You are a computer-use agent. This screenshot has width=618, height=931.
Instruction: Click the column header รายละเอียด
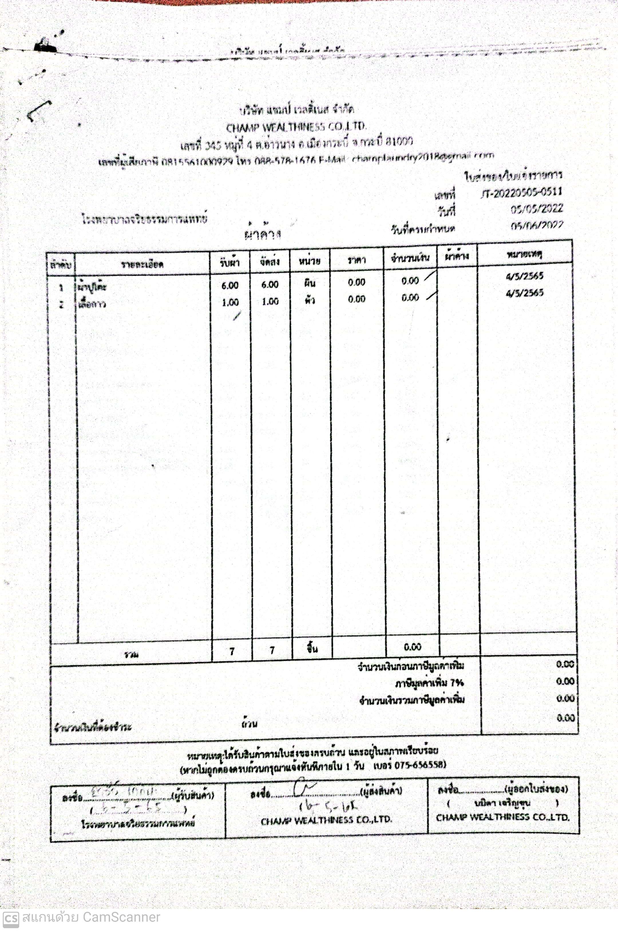click(142, 264)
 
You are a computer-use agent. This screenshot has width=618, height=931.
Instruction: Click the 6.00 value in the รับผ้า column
click(230, 285)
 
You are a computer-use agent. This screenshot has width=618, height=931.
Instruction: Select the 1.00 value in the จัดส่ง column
click(270, 302)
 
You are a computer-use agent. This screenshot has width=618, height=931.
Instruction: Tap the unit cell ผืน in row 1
click(310, 283)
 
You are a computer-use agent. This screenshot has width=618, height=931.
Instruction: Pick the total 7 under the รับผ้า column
click(232, 651)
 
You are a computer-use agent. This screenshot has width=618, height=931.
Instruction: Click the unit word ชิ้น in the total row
click(312, 649)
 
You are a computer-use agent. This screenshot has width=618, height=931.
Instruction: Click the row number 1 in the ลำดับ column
click(61, 287)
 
